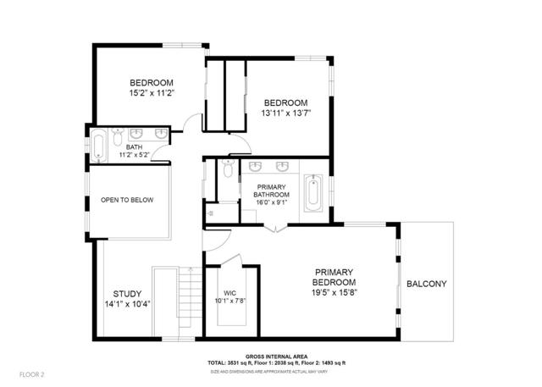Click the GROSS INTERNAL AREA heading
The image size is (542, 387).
coord(277,357)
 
